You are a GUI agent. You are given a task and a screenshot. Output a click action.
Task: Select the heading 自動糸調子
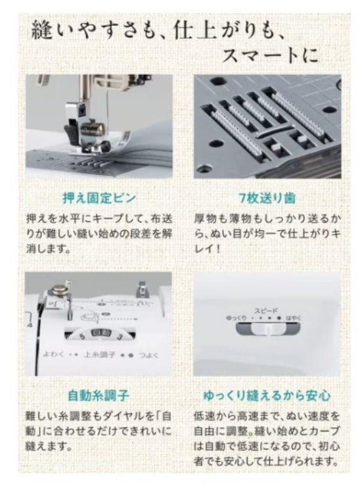click(98, 396)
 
